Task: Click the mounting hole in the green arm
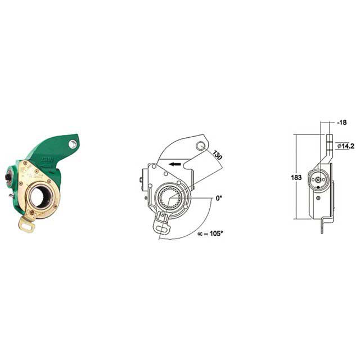tap(73, 145)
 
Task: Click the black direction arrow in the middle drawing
tap(175, 164)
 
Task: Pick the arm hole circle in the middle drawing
tap(201, 146)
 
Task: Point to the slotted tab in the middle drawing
tap(163, 223)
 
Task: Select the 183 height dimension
tap(296, 177)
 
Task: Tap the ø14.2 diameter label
tap(345, 146)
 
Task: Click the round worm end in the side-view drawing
tap(319, 179)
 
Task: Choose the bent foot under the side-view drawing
tap(323, 226)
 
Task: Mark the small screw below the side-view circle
tap(319, 197)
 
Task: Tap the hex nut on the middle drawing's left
tap(140, 180)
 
